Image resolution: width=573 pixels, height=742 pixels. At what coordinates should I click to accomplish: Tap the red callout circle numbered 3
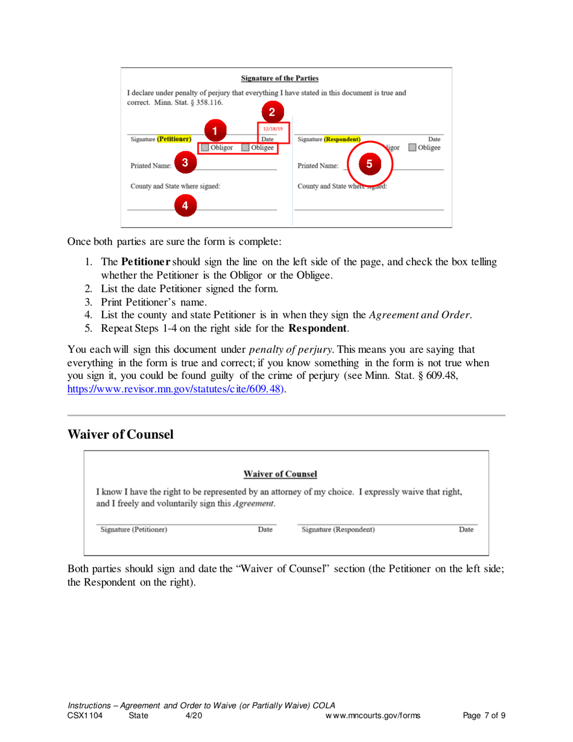click(x=185, y=162)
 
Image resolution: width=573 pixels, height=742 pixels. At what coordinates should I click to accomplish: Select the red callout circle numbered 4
click(x=185, y=206)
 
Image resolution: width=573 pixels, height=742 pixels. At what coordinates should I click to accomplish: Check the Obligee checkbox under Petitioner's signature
click(x=246, y=147)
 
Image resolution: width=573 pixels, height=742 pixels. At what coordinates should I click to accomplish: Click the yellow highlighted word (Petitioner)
click(x=174, y=139)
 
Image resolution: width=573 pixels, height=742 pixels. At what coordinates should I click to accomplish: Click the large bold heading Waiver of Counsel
click(x=120, y=434)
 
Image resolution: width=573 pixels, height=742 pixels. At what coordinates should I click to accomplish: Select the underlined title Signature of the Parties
click(x=279, y=78)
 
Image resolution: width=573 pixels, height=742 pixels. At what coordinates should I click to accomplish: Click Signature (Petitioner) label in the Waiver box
click(x=134, y=530)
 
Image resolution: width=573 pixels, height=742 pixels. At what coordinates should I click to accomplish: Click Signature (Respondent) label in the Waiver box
click(x=338, y=530)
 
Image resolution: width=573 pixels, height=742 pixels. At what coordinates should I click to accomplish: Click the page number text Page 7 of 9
click(x=484, y=716)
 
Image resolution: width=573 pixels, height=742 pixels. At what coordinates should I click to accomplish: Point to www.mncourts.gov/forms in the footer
click(x=372, y=716)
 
